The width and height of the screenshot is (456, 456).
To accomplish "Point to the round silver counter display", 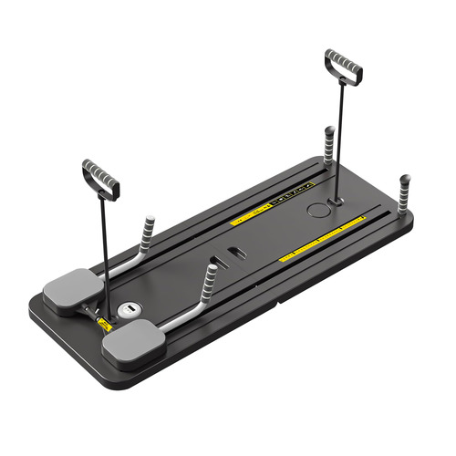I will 130,310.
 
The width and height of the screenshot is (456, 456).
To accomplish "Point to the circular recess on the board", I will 318,211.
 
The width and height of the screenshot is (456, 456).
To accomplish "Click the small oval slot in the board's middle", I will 235,252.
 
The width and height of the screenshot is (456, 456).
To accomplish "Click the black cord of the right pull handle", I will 338,137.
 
